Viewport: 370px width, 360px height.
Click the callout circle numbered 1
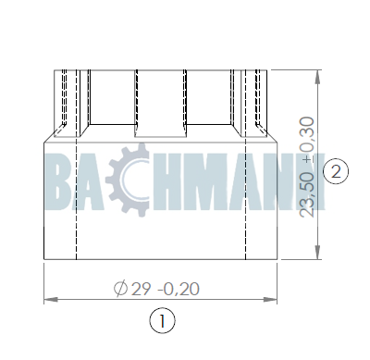161,322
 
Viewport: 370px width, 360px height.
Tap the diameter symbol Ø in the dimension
120,288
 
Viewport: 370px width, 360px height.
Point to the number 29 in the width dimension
141,288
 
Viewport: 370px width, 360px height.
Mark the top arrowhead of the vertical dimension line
319,73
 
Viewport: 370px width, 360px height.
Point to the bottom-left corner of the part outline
44,261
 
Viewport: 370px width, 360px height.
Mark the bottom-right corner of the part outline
277,261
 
